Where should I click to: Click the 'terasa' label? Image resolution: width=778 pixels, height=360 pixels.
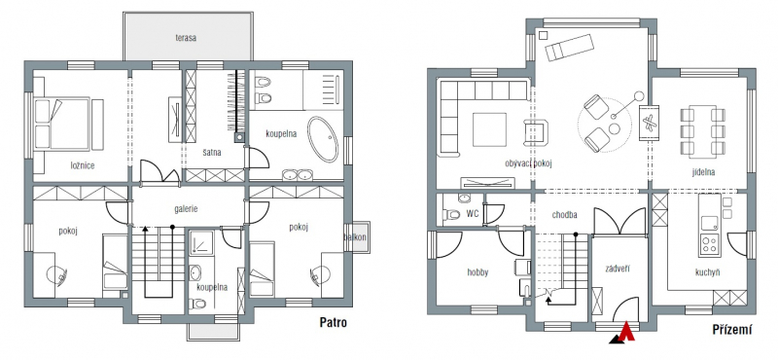(x=185, y=38)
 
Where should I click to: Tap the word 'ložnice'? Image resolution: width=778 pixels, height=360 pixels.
(x=83, y=165)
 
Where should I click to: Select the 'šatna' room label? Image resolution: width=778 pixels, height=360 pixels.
(x=212, y=153)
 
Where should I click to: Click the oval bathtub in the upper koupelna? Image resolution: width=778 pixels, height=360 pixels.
(x=323, y=139)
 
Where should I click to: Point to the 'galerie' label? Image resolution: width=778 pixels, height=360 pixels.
(x=186, y=209)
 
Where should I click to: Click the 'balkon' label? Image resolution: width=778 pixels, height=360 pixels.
(x=355, y=236)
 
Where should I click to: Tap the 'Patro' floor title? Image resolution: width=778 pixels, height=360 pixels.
(x=333, y=323)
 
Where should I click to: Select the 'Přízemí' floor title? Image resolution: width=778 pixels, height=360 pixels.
(x=732, y=329)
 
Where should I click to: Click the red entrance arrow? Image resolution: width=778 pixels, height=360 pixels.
(x=628, y=332)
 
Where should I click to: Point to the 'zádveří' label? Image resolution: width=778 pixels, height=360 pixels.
(x=618, y=269)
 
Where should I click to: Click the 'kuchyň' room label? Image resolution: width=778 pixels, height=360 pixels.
(x=707, y=272)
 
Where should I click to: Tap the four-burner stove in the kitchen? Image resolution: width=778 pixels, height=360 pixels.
(x=710, y=243)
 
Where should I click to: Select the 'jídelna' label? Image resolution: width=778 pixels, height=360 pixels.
(x=703, y=172)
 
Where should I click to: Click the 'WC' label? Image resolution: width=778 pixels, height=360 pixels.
(x=473, y=214)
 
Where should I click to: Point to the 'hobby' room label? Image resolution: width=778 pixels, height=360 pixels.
(x=477, y=272)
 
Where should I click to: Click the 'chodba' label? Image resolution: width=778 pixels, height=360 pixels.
(x=564, y=215)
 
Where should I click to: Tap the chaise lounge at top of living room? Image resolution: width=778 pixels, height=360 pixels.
(x=569, y=47)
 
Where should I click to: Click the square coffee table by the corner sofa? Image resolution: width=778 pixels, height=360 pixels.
(x=489, y=129)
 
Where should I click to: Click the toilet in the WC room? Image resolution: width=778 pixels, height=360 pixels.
(x=451, y=215)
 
